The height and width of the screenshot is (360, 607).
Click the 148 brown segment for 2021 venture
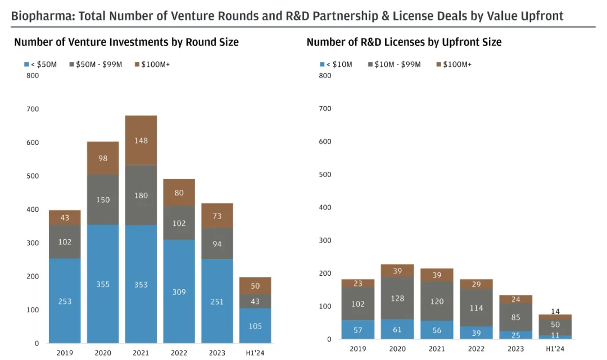(141, 140)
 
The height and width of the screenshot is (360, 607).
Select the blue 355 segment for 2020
(102, 284)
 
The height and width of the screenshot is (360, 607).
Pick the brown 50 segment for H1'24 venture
(255, 286)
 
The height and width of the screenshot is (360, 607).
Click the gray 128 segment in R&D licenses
(397, 298)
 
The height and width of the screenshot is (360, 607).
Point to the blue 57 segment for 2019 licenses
(358, 330)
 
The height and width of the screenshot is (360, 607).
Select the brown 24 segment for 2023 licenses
(516, 299)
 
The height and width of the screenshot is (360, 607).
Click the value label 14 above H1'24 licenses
(555, 311)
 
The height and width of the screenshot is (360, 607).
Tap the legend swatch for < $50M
(26, 65)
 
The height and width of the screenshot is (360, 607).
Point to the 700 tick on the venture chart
(33, 109)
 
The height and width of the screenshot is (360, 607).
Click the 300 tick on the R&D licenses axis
(325, 240)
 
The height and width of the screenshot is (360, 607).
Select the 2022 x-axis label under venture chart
(179, 353)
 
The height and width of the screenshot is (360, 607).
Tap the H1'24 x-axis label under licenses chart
(555, 349)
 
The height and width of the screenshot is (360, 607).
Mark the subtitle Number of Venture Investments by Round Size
(126, 42)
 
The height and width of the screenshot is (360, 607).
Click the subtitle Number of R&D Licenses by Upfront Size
(404, 42)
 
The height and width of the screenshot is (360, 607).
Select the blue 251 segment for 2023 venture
(218, 302)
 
